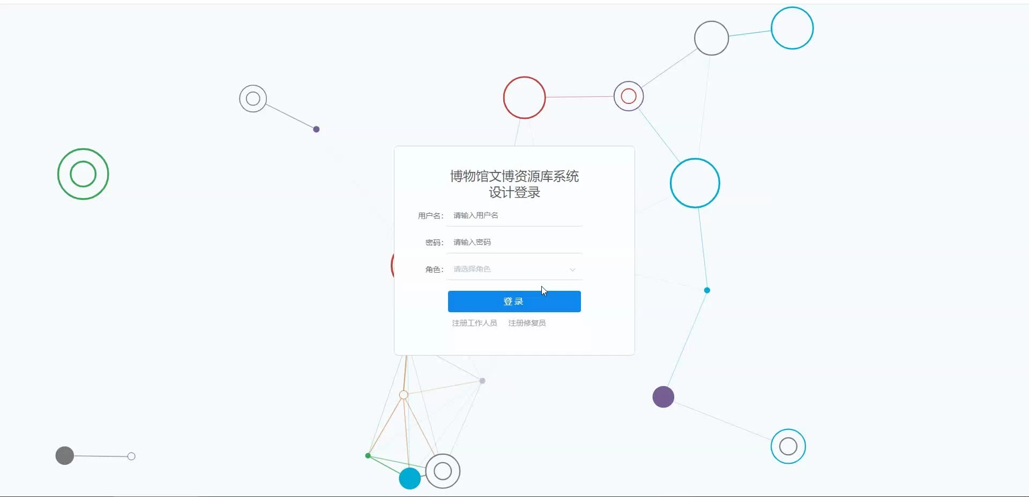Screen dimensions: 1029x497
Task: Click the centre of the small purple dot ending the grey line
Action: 316,129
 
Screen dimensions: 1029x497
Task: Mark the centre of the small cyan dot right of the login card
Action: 707,290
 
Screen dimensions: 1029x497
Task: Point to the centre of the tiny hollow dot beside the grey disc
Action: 131,456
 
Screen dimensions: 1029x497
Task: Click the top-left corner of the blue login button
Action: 448,291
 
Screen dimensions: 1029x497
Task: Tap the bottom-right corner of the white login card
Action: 635,355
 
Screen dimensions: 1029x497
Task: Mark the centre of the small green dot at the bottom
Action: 368,456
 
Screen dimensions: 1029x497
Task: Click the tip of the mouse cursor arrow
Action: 542,287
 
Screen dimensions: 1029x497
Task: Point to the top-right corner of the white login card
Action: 635,146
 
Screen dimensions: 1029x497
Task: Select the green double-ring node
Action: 83,174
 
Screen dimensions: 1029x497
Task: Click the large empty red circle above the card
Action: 524,97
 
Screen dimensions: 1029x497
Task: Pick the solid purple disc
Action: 663,397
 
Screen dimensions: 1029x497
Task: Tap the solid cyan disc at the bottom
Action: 410,478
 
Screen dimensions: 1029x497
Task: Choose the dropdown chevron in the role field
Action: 572,269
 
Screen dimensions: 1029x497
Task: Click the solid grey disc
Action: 65,456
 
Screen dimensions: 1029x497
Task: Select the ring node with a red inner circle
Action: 629,96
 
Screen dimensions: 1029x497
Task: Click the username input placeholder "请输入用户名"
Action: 476,215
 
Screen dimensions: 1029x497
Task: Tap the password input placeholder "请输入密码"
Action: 472,242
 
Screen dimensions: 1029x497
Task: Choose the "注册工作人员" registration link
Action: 474,323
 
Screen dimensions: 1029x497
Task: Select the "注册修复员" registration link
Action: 527,323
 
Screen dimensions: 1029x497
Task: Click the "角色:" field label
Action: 435,269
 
